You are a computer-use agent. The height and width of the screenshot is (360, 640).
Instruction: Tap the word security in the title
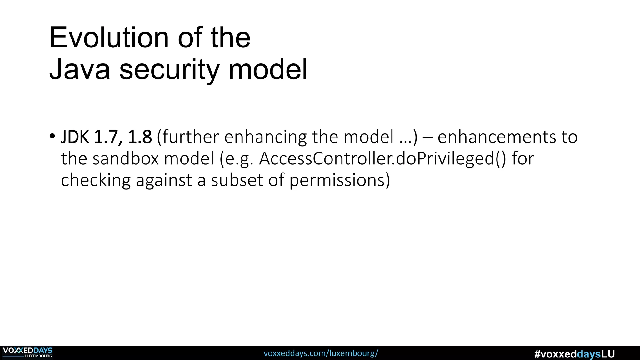coord(169,70)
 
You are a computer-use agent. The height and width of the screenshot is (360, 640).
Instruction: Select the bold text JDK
coord(75,137)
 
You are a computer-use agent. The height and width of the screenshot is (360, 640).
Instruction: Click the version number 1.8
coord(140,137)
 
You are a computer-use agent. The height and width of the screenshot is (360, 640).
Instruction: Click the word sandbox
coord(126,158)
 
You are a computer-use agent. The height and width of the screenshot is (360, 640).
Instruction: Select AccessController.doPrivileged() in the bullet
coord(382,158)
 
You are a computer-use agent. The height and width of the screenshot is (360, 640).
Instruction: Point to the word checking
coord(95,181)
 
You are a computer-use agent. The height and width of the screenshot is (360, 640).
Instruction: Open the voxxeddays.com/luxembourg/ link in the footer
coord(321,353)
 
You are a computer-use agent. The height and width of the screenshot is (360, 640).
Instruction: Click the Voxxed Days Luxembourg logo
coord(27,352)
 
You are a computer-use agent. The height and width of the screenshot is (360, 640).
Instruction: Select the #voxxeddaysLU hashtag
coord(574,354)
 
